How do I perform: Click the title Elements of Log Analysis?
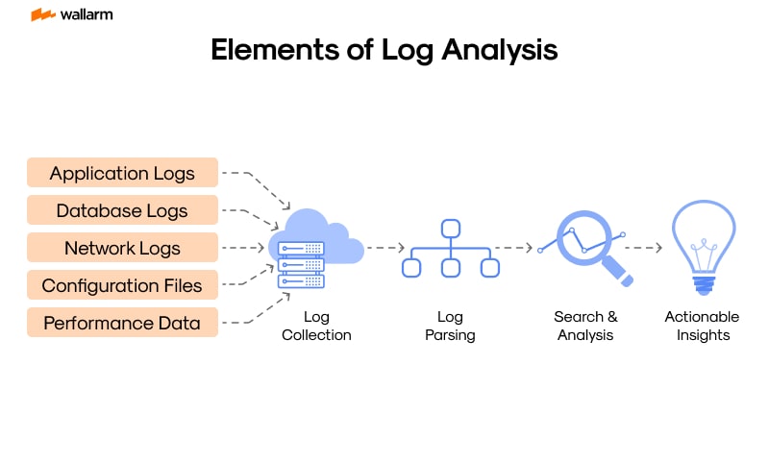coord(384,50)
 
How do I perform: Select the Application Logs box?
coord(122,174)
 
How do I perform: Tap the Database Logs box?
coord(122,211)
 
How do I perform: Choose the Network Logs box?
coord(122,248)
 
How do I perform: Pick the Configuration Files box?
coord(122,285)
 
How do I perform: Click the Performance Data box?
coord(122,323)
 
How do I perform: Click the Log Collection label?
coord(316,326)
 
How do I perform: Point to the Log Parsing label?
coord(450,326)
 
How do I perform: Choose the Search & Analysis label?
coord(585,326)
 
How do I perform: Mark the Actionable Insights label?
coord(703,326)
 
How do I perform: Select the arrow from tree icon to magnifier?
coord(513,248)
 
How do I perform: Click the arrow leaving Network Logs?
coord(243,248)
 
